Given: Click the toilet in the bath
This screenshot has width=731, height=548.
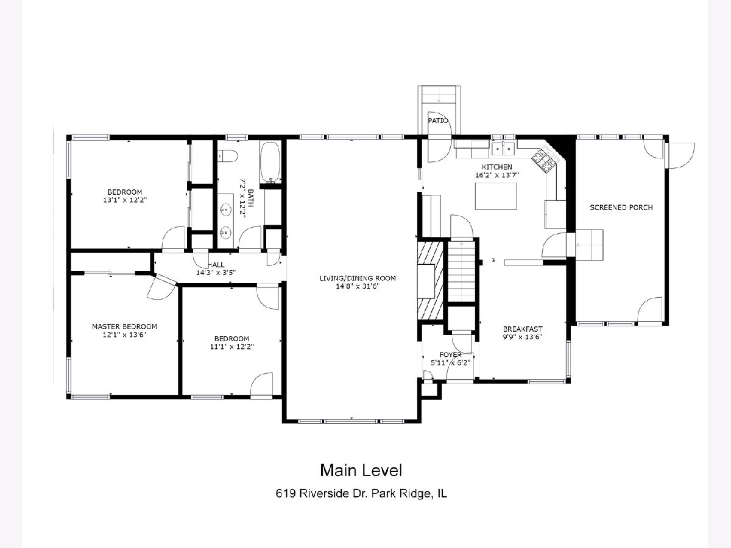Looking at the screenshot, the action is point(228,156).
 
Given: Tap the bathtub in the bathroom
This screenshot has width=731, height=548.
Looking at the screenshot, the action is point(270,163).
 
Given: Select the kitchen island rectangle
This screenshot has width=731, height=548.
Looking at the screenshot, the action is point(496,196).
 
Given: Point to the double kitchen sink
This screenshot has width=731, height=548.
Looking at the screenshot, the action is point(503,149).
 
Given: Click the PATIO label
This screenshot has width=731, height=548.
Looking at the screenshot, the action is point(438,121).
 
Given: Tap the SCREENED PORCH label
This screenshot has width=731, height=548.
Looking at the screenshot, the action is point(621,208).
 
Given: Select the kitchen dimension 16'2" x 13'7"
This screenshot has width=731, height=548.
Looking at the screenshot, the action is point(497,175).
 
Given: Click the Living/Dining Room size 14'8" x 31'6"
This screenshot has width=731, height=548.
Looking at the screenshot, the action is point(358,286).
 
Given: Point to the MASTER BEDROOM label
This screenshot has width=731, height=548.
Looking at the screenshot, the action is point(124,326).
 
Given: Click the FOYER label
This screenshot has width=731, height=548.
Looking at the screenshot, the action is point(450,355).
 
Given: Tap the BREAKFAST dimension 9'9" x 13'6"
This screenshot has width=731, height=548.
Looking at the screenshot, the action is point(523,337).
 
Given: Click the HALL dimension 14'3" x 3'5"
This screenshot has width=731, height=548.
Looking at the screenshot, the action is point(216,273).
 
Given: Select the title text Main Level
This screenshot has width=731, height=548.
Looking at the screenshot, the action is point(361,470).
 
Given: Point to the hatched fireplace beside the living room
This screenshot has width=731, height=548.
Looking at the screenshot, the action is point(430,280).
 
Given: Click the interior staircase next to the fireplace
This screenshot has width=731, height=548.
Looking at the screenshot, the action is point(461,272).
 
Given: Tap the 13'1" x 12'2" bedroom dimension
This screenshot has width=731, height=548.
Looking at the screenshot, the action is point(125,200).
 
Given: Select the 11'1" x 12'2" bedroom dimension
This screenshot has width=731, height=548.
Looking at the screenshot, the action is point(232,346).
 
